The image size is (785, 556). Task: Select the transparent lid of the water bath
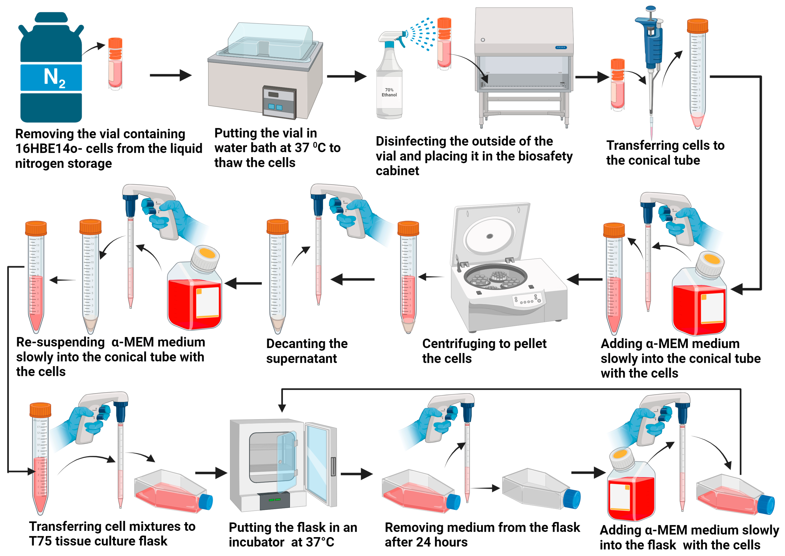click(271, 41)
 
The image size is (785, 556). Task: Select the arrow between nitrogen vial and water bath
click(170, 75)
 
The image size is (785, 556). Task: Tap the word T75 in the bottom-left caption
click(40, 541)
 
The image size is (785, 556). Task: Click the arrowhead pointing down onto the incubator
click(282, 407)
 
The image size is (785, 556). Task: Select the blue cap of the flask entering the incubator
click(206, 502)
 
